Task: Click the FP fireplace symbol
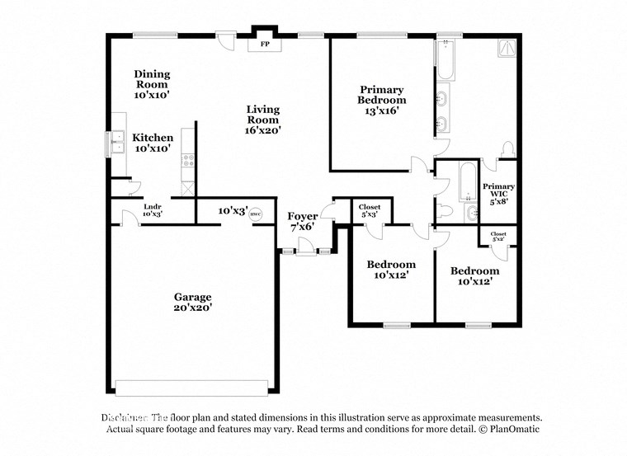[265, 44]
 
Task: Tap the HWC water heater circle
[255, 211]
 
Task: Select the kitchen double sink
[115, 146]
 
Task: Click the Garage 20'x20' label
[192, 302]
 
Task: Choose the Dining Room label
[152, 84]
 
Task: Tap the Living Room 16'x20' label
[263, 119]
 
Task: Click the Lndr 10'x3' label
[153, 210]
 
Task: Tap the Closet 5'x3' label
[369, 210]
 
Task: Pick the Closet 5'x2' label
[498, 236]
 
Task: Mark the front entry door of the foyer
[305, 246]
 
